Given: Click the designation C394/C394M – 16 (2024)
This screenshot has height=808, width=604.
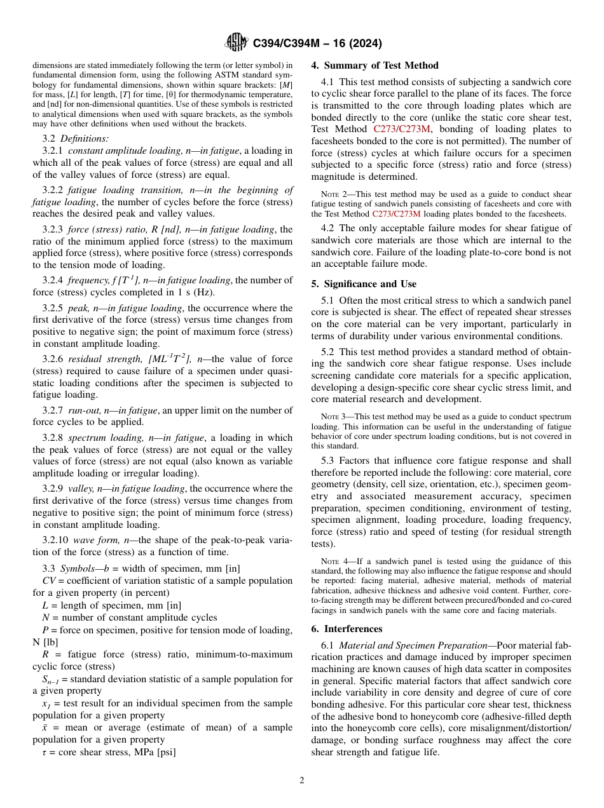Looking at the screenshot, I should point(317,44).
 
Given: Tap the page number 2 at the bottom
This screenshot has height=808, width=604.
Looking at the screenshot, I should point(302,780).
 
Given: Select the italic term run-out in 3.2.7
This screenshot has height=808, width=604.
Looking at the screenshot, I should point(85,410).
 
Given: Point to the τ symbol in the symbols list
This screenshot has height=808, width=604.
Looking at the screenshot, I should point(36,753).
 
